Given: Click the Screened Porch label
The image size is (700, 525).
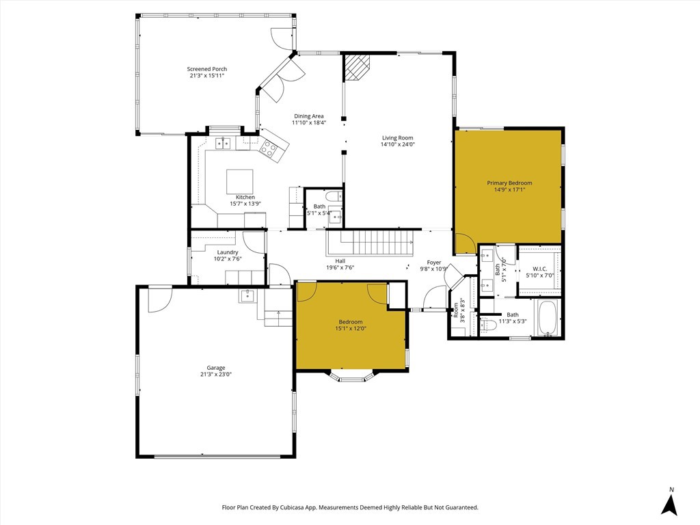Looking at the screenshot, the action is coord(206,69).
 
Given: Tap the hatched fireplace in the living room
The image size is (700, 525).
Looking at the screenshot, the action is coord(357,68).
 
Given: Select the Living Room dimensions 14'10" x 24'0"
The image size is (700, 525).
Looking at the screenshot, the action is coord(398,144).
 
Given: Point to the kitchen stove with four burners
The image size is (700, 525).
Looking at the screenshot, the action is coord(269,148).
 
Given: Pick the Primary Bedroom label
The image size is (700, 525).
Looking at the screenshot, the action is coord(509,183).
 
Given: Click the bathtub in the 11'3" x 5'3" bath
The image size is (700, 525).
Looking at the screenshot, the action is coord(548,317).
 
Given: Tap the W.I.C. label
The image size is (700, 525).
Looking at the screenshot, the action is coord(540,269).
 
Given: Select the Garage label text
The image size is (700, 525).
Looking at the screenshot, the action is coord(215,368).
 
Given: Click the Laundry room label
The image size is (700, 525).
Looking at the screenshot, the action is coord(228,252).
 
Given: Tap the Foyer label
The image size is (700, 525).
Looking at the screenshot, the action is coord(434,262).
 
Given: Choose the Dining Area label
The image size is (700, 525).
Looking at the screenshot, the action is coord(308,116).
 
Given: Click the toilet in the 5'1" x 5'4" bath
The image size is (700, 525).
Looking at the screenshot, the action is coord(334,196).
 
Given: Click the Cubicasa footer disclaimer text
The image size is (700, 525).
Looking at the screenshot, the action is coord(350,507).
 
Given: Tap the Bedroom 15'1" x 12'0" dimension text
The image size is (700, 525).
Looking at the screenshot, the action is coord(351,329).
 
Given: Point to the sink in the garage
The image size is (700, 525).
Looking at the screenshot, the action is coord(247,295).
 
